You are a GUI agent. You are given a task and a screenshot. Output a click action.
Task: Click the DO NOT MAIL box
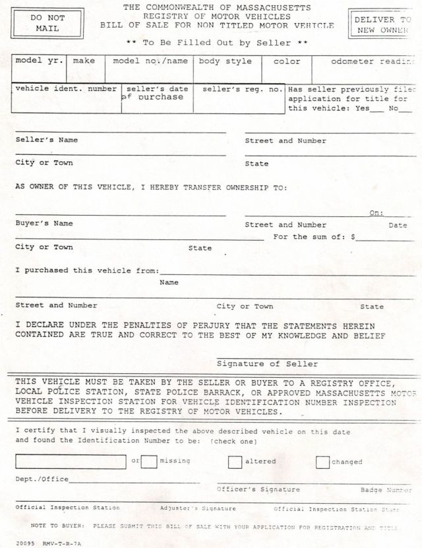[x=47, y=23]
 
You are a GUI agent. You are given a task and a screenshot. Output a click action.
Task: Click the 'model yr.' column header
[x=40, y=61]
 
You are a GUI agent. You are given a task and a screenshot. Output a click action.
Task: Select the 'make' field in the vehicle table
[x=84, y=61]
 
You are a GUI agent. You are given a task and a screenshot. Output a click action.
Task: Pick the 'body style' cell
[x=226, y=61]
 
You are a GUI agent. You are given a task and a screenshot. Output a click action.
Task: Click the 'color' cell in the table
[x=287, y=61]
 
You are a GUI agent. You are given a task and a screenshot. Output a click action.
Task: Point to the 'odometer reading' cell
[x=367, y=61]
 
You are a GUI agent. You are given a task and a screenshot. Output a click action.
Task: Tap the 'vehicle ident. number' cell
[x=66, y=89]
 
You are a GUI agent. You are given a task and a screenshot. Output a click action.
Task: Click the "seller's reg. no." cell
[x=242, y=89]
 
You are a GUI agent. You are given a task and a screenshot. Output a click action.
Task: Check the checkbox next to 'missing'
[x=149, y=462]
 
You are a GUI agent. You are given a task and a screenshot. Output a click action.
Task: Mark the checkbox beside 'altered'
[x=235, y=462]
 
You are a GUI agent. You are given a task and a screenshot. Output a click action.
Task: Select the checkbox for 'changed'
[x=322, y=462]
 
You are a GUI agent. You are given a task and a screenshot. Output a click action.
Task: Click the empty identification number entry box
[x=71, y=462]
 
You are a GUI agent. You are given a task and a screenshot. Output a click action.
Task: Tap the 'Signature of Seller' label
[x=267, y=364]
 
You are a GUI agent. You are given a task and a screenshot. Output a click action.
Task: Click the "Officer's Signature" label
[x=258, y=490]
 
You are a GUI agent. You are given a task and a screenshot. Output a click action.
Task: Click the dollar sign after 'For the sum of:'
[x=353, y=237]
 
